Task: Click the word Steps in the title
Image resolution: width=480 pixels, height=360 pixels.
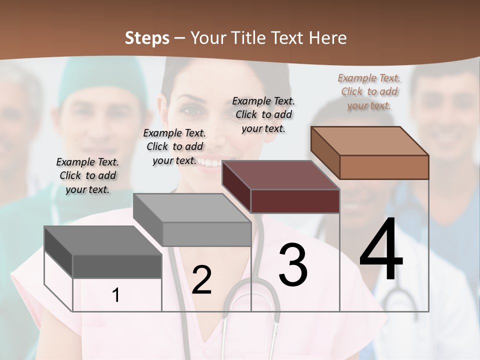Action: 147,38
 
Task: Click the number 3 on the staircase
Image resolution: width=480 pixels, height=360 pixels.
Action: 293,265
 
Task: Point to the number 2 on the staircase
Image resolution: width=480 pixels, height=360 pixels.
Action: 201,280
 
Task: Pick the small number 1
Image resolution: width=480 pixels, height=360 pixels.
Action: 116,295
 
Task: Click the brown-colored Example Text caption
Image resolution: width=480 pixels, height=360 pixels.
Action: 369,91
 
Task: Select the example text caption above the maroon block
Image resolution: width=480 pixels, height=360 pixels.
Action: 263,114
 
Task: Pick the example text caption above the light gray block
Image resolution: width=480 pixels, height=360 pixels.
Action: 174,146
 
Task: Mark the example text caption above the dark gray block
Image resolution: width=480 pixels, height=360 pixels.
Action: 87,175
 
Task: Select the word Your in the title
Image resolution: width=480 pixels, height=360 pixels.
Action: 208,38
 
